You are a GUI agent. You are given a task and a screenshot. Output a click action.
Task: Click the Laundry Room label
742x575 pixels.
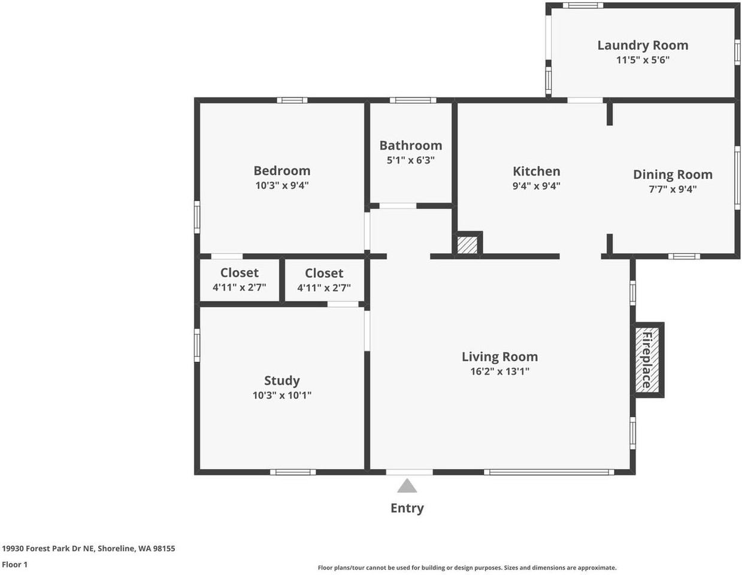pyautogui.click(x=643, y=46)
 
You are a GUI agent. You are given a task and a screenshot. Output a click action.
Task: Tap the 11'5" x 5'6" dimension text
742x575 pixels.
pyautogui.click(x=643, y=60)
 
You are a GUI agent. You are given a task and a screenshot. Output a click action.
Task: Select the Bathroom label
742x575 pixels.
pyautogui.click(x=411, y=146)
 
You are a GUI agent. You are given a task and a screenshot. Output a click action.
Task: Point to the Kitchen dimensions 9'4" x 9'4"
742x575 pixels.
pyautogui.click(x=537, y=186)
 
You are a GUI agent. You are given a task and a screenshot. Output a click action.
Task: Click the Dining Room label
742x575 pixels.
pyautogui.click(x=673, y=174)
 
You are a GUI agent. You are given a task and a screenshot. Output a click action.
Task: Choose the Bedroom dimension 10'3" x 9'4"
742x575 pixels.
pyautogui.click(x=282, y=186)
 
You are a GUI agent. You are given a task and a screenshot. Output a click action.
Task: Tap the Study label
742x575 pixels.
pyautogui.click(x=281, y=380)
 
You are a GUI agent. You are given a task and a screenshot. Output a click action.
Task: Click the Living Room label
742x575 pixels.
pyautogui.click(x=500, y=356)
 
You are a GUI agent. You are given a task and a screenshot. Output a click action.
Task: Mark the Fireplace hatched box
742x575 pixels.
pyautogui.click(x=646, y=360)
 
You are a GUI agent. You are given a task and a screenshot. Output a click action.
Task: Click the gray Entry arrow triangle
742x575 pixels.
pyautogui.click(x=407, y=486)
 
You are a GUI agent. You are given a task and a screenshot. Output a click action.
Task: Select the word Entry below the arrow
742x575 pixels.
pyautogui.click(x=407, y=508)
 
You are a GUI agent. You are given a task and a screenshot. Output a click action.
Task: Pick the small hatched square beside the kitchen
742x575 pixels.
pyautogui.click(x=467, y=245)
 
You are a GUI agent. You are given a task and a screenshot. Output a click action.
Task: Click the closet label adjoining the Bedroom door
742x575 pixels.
pyautogui.click(x=239, y=273)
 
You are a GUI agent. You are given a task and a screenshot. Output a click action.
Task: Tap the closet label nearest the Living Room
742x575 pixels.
pyautogui.click(x=324, y=273)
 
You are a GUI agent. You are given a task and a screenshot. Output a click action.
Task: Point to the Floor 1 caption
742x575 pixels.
pyautogui.click(x=15, y=564)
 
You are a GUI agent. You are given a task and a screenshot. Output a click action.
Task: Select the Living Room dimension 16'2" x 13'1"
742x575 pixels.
pyautogui.click(x=500, y=371)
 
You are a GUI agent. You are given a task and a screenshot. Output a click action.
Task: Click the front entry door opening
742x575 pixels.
pyautogui.click(x=410, y=472)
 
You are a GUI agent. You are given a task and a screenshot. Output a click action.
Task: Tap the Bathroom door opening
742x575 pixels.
pyautogui.click(x=398, y=206)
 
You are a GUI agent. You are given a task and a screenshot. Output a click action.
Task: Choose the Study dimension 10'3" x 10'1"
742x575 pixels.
pyautogui.click(x=282, y=395)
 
